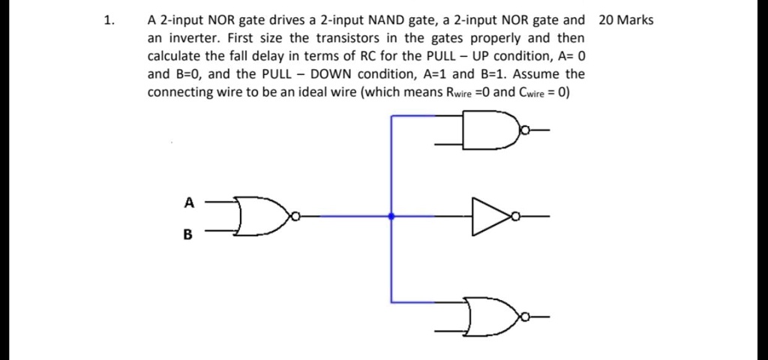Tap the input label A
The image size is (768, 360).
tap(189, 201)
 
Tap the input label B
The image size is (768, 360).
tap(188, 234)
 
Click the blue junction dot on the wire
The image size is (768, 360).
tap(391, 217)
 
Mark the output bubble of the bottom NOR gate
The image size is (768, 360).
tap(527, 316)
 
